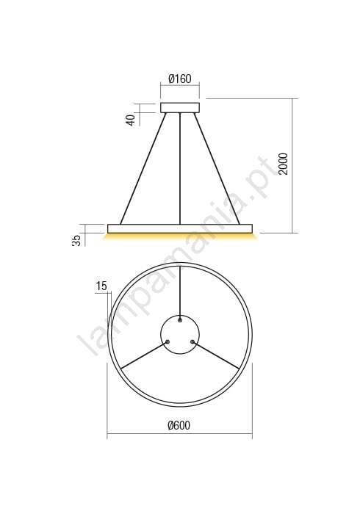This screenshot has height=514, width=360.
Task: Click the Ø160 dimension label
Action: (x=180, y=79)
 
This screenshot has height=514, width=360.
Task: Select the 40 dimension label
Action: (x=131, y=120)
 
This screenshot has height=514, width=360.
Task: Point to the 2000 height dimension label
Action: (x=283, y=164)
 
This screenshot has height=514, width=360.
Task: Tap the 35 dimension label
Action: (x=76, y=241)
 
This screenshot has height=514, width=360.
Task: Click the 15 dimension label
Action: (x=101, y=286)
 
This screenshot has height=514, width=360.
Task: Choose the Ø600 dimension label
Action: (x=179, y=425)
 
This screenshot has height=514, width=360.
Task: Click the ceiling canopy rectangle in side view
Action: (x=180, y=108)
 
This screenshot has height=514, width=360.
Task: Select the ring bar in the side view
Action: (x=180, y=228)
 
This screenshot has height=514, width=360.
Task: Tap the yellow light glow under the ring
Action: (x=180, y=236)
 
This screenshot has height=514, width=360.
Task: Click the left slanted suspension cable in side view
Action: (x=143, y=168)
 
